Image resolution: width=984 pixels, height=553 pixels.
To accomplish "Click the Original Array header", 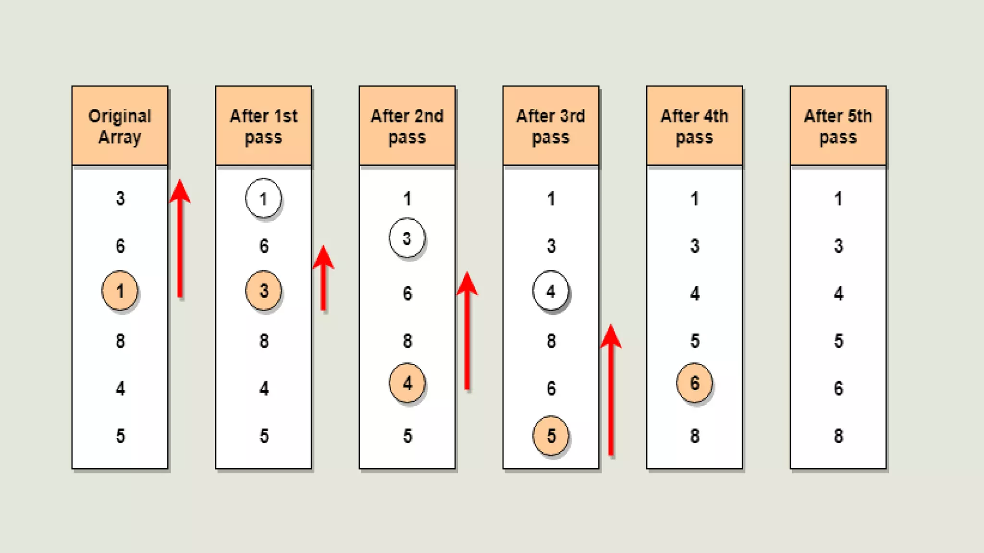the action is click(x=120, y=126).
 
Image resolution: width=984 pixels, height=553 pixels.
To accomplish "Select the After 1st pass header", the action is click(x=263, y=126).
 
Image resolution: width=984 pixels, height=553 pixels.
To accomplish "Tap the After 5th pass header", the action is click(x=838, y=126).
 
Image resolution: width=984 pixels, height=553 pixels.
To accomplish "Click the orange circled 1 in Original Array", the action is click(x=120, y=291).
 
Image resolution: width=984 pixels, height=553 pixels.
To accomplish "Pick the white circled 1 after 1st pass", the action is click(x=263, y=198).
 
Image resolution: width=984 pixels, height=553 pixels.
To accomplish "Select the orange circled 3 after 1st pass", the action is click(x=263, y=290).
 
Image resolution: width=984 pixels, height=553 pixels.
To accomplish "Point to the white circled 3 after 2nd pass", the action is click(x=407, y=238).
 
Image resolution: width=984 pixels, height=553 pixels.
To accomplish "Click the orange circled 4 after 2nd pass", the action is click(x=407, y=383).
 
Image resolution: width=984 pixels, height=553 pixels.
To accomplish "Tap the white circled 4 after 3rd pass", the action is click(x=551, y=291).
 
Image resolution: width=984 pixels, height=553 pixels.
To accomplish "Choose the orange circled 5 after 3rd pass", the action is click(x=551, y=436).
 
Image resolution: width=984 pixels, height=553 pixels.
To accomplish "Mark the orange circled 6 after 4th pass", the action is click(x=694, y=383).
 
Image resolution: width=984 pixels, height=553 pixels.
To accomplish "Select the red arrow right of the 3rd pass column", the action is click(x=611, y=389).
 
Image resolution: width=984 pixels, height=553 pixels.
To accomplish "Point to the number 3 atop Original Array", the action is click(x=120, y=198).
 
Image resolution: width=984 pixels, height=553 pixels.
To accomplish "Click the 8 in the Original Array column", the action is click(x=120, y=341).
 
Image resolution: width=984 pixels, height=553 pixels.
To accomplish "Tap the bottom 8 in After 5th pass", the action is click(x=838, y=436).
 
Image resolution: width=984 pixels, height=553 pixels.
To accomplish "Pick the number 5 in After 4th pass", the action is click(x=695, y=341).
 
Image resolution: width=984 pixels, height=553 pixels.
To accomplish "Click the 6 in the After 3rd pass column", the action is click(x=551, y=388).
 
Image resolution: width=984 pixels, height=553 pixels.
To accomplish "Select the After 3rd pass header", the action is click(x=551, y=126).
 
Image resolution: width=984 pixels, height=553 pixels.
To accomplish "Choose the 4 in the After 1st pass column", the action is click(x=264, y=388).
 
